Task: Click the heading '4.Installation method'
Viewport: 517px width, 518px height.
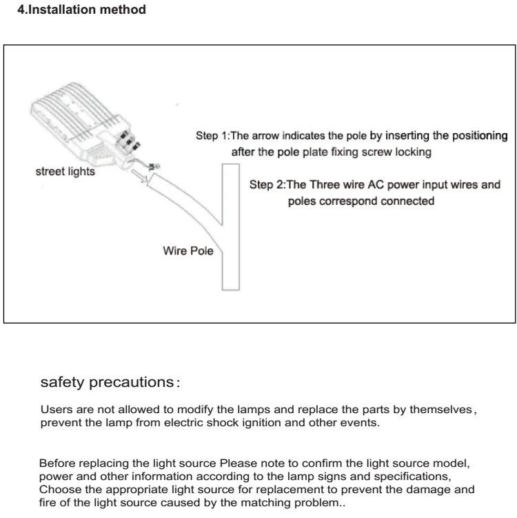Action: [x=81, y=12]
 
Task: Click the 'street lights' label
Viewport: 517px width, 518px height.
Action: [x=65, y=172]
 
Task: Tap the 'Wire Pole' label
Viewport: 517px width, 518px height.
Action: [x=188, y=252]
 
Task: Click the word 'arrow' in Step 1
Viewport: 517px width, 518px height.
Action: [x=276, y=136]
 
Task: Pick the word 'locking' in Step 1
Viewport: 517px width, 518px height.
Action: [x=414, y=152]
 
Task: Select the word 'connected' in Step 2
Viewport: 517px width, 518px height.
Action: [x=411, y=202]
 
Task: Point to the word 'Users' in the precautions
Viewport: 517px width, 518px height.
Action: [x=54, y=410]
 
